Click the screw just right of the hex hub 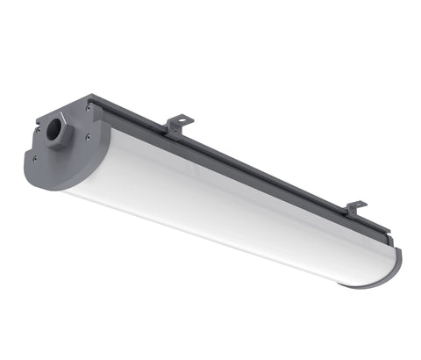(x=88, y=136)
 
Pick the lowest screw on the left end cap (x=35, y=159)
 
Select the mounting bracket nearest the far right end (x=354, y=209)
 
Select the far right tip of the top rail (x=388, y=233)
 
